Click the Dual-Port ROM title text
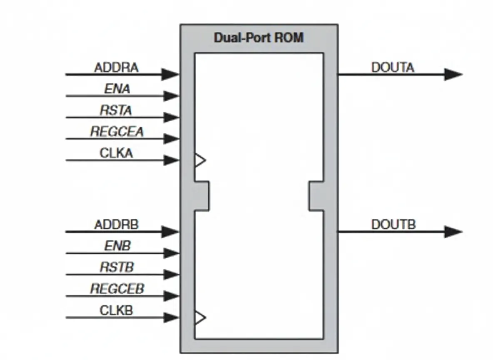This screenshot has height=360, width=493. tap(258, 38)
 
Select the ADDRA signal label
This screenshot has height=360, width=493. tap(116, 67)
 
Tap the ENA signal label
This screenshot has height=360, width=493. tap(117, 89)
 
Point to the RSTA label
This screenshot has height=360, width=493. tap(116, 110)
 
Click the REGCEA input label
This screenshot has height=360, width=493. tap(117, 132)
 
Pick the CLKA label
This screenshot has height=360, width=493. tap(116, 153)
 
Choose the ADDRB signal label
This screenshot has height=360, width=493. tap(116, 225)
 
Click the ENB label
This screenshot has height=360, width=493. tap(117, 246)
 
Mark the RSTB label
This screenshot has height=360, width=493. tap(117, 267)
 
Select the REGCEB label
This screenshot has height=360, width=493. tap(117, 289)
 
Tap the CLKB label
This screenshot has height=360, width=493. tap(116, 310)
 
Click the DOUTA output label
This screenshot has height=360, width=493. tap(393, 67)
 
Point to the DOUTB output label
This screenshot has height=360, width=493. tap(393, 225)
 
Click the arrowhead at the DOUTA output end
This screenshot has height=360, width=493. tap(453, 75)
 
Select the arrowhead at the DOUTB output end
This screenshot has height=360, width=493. tap(453, 232)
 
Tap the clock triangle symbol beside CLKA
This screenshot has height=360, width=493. tap(200, 160)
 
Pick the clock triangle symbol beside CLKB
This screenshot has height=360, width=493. tap(200, 317)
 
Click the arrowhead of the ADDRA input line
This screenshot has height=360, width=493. tap(171, 75)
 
